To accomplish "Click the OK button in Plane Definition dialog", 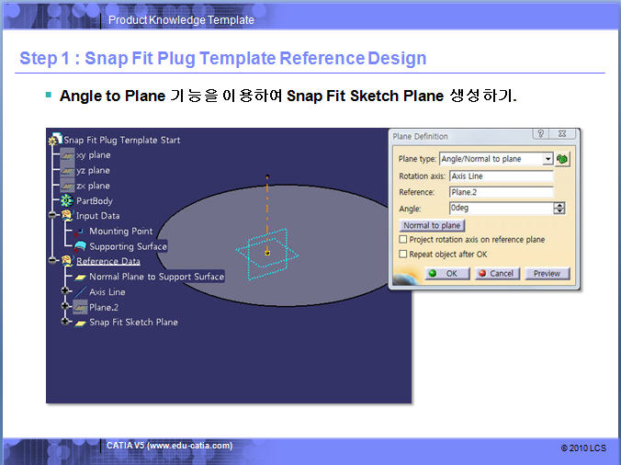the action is (x=447, y=273).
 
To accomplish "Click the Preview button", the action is (x=547, y=273).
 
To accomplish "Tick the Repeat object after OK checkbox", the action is (x=402, y=254).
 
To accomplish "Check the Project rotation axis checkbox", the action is (x=402, y=239).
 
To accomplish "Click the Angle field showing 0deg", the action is (x=501, y=208).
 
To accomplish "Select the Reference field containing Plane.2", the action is (x=501, y=192).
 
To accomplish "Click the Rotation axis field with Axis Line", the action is (x=501, y=176).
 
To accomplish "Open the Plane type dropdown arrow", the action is (x=548, y=159).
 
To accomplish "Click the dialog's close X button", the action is (x=562, y=134).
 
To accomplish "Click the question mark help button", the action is (x=540, y=134).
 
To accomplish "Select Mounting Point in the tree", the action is (x=120, y=231).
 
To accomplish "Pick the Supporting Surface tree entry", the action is (x=128, y=246).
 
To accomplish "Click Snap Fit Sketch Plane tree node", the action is (x=133, y=322).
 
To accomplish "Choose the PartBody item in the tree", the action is (x=95, y=201).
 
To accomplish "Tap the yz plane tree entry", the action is (x=93, y=170).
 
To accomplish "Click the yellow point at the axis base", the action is (x=267, y=253).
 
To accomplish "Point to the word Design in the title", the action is (x=397, y=58).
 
